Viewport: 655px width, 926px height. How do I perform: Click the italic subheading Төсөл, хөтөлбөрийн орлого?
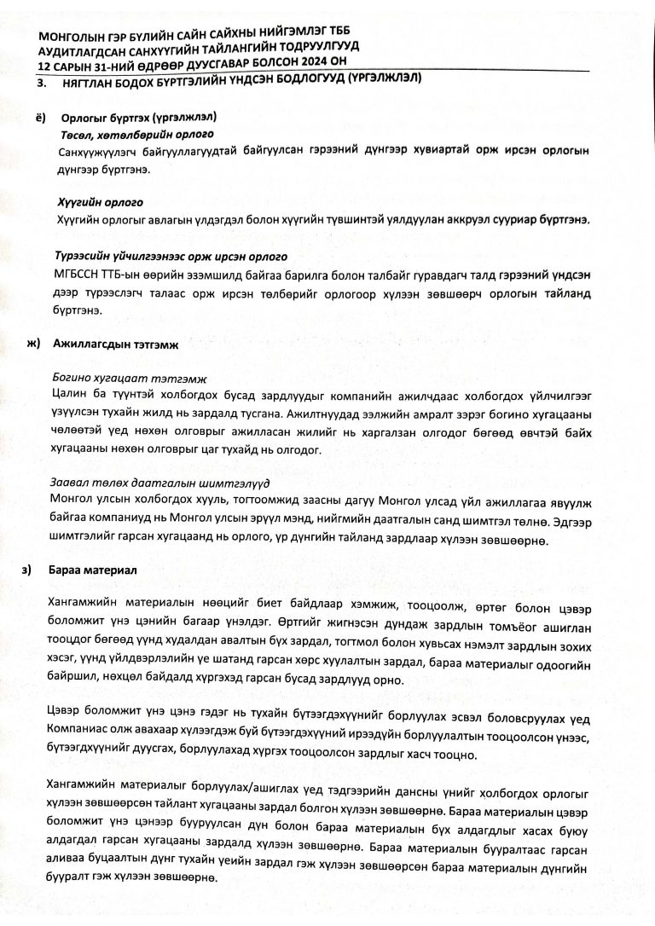coord(136,135)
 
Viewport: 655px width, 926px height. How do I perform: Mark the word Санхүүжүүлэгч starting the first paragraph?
coord(94,151)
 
